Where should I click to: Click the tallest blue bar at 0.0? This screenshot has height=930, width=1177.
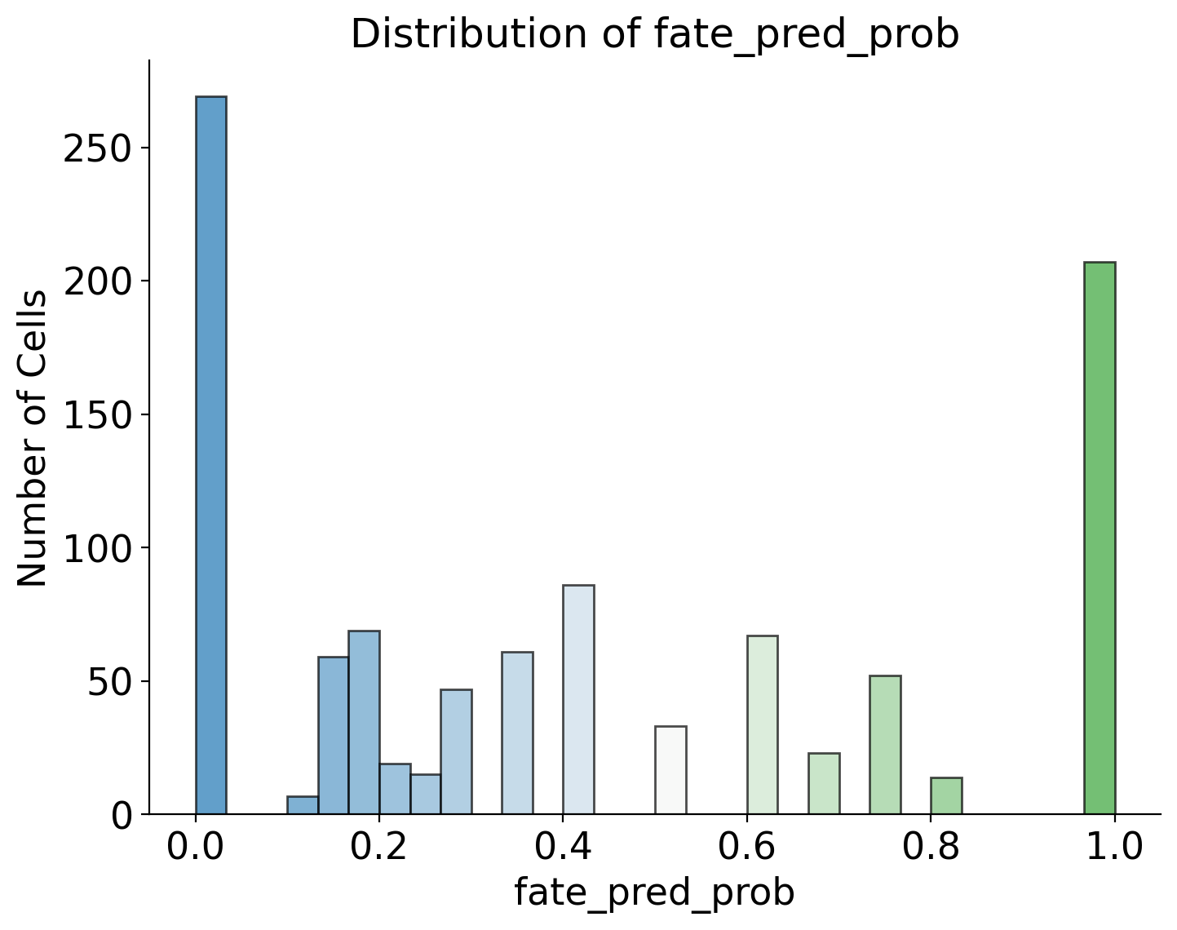click(x=211, y=455)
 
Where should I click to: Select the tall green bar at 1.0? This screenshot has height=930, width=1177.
click(x=1100, y=538)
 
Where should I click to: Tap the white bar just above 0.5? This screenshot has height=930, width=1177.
click(x=670, y=770)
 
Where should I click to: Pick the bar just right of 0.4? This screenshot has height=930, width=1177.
click(x=578, y=700)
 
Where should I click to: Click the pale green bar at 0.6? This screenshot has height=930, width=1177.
click(x=763, y=725)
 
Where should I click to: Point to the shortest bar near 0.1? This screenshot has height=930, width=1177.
click(x=303, y=805)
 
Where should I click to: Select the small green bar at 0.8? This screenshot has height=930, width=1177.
click(x=947, y=796)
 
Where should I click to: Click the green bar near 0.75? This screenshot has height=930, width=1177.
click(x=886, y=745)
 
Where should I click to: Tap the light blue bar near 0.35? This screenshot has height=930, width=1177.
click(x=517, y=733)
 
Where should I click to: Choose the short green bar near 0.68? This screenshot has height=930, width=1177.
click(x=825, y=784)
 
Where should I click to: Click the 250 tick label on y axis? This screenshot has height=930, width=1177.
click(x=98, y=148)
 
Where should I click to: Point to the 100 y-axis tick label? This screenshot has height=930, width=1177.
click(x=98, y=548)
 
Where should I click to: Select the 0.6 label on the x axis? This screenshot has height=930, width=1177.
click(x=746, y=848)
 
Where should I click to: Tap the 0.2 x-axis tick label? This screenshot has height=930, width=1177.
click(x=378, y=848)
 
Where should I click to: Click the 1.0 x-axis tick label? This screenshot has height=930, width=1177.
click(x=1114, y=848)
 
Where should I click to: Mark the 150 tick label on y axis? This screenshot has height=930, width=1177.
click(x=98, y=415)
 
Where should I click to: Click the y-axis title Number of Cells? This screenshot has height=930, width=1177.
click(x=32, y=439)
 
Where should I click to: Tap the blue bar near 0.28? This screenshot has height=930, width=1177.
click(x=456, y=751)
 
